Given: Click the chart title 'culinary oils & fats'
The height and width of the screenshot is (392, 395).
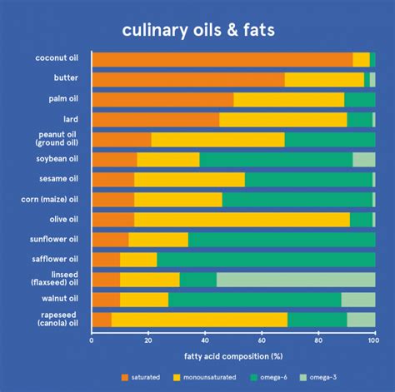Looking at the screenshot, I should [x=197, y=31].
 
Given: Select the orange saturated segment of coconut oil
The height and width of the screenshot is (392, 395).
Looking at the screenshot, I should [x=222, y=59].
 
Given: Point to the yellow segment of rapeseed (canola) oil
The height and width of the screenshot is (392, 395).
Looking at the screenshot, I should [x=198, y=320].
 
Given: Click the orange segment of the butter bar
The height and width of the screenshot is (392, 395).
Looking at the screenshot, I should [x=187, y=79].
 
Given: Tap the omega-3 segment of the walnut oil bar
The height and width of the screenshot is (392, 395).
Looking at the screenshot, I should [x=357, y=299].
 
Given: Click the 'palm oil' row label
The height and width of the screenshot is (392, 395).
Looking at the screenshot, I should [x=59, y=99].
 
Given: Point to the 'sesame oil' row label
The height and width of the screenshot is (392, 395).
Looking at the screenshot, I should [x=55, y=179].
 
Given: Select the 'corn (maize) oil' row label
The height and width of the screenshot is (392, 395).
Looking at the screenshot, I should [x=49, y=199].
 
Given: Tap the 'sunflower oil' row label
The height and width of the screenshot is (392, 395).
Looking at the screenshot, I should [x=52, y=239].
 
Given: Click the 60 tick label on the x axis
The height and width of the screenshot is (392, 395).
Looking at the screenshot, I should [x=261, y=340].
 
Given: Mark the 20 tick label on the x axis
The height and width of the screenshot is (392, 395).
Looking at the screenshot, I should [x=148, y=340].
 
